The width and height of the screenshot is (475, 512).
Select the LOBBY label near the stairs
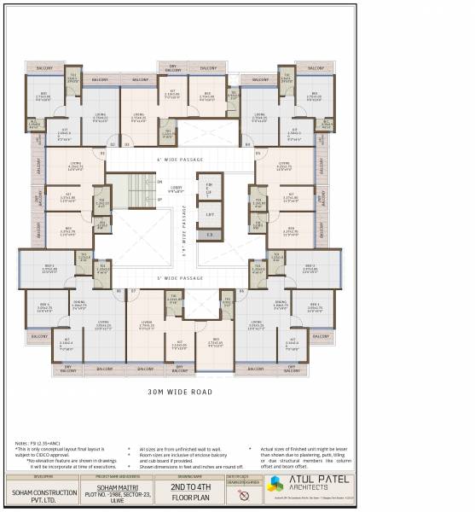coord(177,189)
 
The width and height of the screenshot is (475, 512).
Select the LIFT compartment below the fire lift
coord(210,214)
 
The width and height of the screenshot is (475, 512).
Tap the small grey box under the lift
coord(210,235)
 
